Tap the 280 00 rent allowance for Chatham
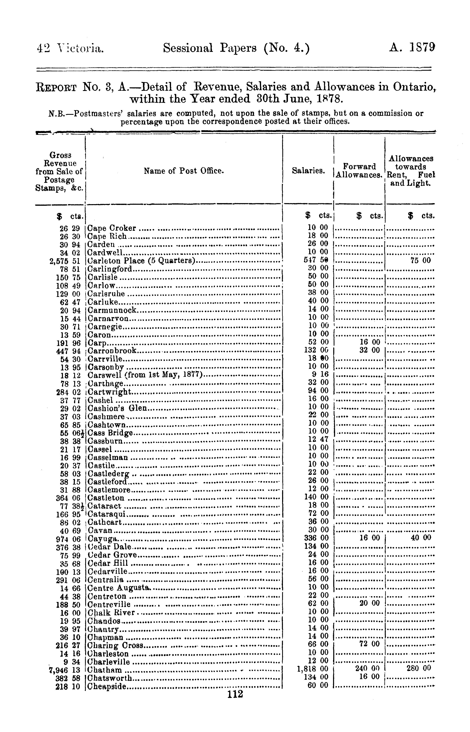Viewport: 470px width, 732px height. point(418,668)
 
